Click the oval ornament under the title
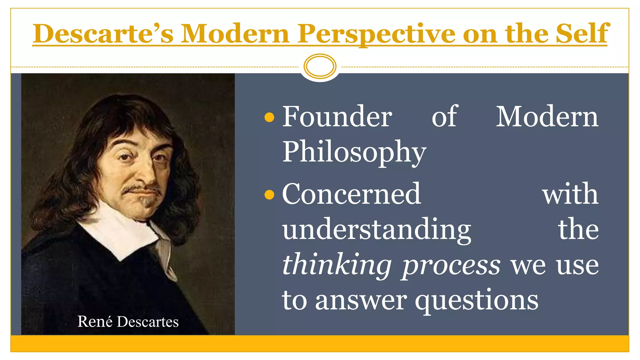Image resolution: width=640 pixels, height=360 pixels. coord(320,66)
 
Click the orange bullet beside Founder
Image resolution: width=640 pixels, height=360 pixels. coord(269,118)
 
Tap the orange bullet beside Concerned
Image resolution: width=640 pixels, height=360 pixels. coord(269,195)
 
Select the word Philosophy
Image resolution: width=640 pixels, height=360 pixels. coord(354,152)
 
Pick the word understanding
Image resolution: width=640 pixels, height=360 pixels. coord(377,230)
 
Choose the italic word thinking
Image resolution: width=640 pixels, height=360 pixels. coord(337,265)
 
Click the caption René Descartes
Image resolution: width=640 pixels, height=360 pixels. coord(128,322)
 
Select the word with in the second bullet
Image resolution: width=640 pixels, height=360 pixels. coord(570,195)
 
